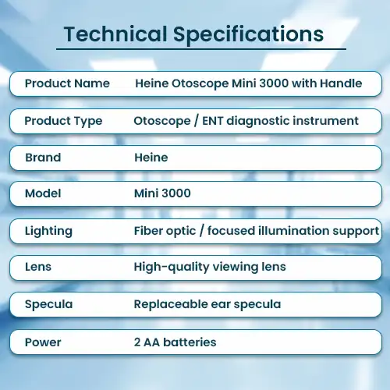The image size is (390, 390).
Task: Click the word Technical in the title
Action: [115, 34]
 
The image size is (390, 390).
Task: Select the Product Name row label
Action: [67, 83]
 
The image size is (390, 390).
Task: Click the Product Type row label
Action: [63, 122]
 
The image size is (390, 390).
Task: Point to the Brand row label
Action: [43, 158]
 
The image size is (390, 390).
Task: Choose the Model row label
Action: [43, 193]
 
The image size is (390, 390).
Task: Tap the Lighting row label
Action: [48, 231]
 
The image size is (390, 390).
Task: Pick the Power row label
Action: [43, 342]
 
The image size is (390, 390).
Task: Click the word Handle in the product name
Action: [341, 83]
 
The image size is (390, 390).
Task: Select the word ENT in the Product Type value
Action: [213, 121]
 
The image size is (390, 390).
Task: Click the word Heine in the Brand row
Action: [151, 158]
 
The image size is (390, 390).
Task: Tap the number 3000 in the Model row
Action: [176, 193]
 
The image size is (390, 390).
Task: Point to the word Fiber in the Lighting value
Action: [148, 231]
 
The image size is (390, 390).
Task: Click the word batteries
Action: [190, 342]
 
